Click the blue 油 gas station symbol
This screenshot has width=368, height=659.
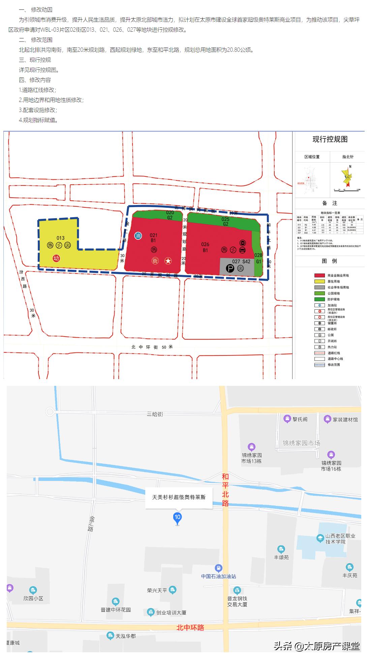pos(138,235)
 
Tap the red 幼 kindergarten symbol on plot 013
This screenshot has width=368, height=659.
pos(56,258)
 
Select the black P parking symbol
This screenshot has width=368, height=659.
pos(230,268)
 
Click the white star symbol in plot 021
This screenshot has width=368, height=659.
pos(168,261)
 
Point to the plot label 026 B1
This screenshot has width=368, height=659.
pos(205,247)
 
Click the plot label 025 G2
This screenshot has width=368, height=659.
pos(225,221)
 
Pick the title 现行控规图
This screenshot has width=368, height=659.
pos(330,139)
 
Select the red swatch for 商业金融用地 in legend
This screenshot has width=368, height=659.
pos(319,276)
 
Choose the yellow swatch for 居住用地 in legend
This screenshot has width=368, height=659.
pos(319,281)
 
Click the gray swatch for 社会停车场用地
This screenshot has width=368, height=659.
pos(319,287)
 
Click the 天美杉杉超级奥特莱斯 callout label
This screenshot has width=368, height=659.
pos(179,497)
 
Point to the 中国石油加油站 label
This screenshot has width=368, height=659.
pos(218,576)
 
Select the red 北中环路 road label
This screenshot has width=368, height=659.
pos(190,628)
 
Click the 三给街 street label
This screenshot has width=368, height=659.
pos(155,414)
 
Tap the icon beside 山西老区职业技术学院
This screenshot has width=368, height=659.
pos(320,538)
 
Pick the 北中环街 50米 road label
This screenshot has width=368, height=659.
pos(152,347)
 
